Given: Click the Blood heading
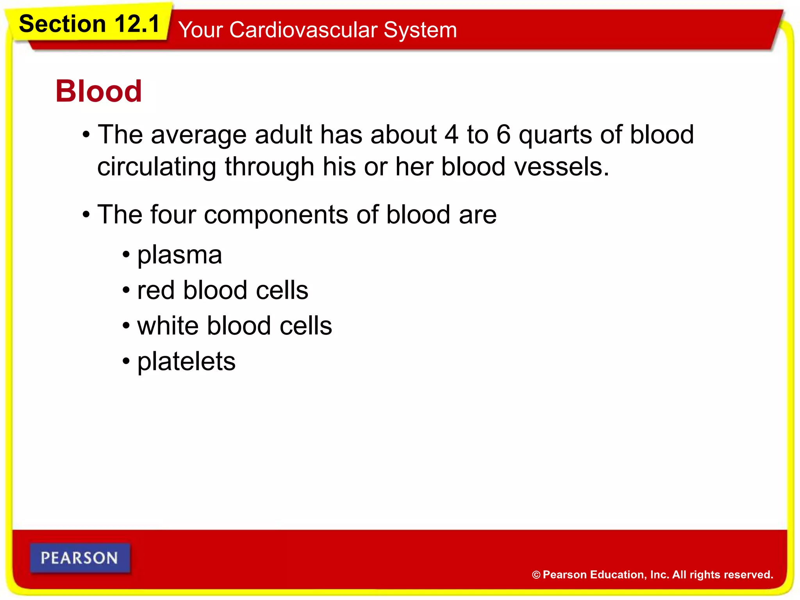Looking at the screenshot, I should tap(98, 91).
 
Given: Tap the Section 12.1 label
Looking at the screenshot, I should tap(89, 24).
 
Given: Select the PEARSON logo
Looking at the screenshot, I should tap(80, 558).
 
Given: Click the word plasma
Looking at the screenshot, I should tap(180, 255).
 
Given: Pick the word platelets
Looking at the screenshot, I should tap(186, 361).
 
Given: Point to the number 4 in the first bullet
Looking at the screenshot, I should tap(451, 135).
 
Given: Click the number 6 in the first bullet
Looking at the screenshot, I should tap(504, 135).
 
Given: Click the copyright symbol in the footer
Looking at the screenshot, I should tap(536, 575).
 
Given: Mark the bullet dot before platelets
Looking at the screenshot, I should tap(126, 361).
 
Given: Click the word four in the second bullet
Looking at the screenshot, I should tap(173, 214).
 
